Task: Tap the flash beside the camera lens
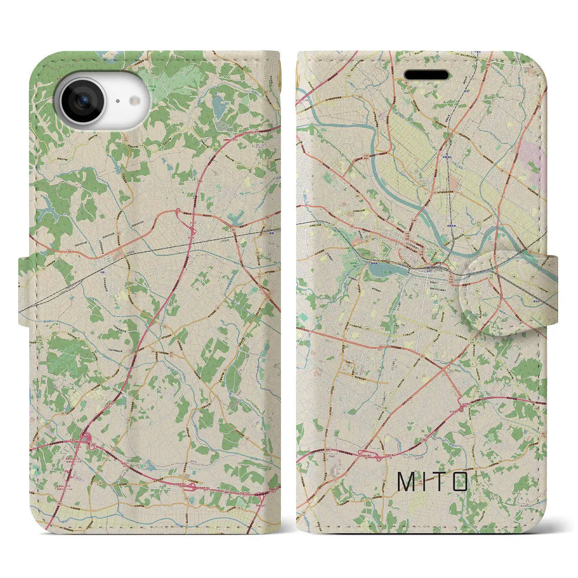click(x=134, y=102)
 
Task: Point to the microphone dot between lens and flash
click(x=117, y=102)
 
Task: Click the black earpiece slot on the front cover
click(x=426, y=75)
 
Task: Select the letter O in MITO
click(x=460, y=482)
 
